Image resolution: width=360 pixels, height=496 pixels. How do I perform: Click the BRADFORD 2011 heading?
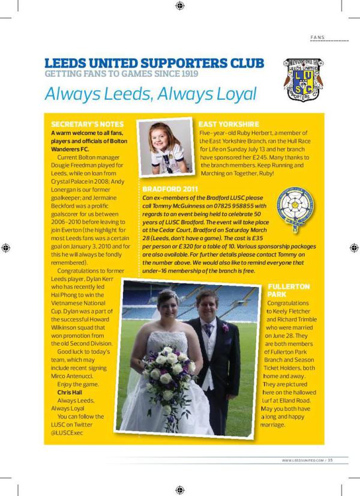coord(166,189)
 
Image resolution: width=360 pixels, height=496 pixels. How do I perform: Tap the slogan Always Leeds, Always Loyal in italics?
coord(151,94)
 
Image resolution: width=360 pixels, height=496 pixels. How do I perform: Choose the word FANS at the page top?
coord(317,37)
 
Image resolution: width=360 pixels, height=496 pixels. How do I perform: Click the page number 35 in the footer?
coord(330,461)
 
